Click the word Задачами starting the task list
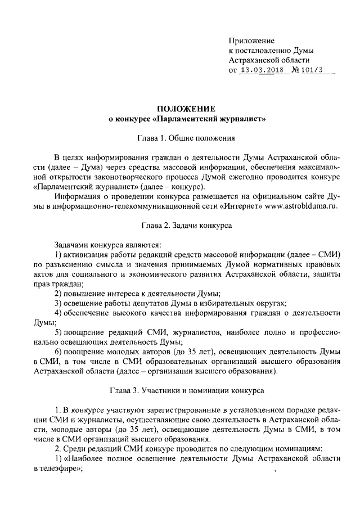71,244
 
